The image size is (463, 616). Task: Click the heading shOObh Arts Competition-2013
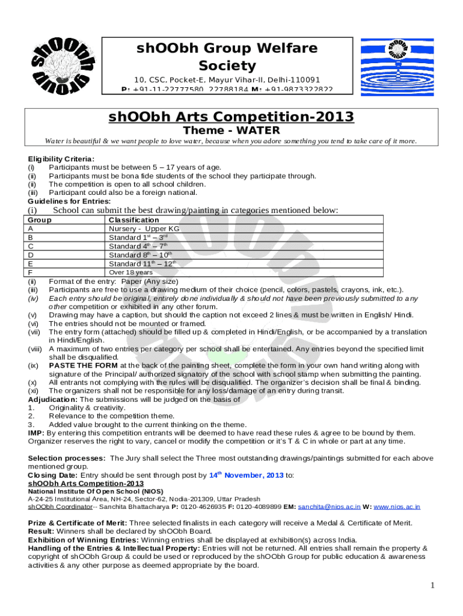click(x=231, y=117)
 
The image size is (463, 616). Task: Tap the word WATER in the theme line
click(x=258, y=130)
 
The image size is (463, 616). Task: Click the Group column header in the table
click(x=40, y=220)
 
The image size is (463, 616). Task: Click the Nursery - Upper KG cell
click(x=144, y=229)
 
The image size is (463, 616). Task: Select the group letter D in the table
click(x=31, y=254)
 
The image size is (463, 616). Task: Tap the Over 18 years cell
click(x=132, y=272)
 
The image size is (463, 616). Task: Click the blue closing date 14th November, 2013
click(x=246, y=475)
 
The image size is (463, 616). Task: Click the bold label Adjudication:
click(x=53, y=399)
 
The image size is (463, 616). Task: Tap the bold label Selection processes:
click(x=67, y=458)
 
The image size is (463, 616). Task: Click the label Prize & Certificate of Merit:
click(x=78, y=523)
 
